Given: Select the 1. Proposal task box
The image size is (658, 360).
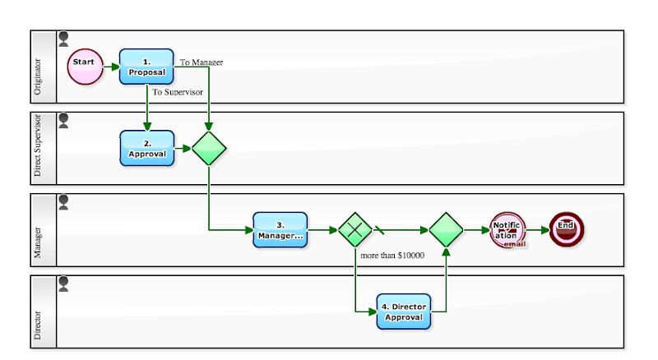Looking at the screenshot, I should click(146, 66).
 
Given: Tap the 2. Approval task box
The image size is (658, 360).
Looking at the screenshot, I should click(146, 148).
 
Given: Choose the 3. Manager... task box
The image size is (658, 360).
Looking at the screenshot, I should click(280, 230).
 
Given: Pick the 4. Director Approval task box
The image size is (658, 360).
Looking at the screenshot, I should click(403, 312).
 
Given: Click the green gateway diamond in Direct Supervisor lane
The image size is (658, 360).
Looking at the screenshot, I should click(209, 148).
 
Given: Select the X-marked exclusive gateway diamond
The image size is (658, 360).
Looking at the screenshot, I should click(355, 230).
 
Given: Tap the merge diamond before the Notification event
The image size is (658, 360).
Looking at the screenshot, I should click(446, 230).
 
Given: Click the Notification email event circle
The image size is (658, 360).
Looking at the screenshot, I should click(507, 230).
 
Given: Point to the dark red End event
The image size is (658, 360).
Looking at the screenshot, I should click(566, 230).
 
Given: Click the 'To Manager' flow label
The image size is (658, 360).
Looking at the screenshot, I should click(202, 62).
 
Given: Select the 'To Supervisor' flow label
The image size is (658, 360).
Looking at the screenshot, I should click(178, 92).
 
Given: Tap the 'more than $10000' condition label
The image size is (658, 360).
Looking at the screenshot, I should click(392, 256).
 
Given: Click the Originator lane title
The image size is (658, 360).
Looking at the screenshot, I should click(41, 67).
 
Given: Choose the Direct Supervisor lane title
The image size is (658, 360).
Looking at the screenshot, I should click(41, 148).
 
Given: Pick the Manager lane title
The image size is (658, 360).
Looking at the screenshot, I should click(41, 230).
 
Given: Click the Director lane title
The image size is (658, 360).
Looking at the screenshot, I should click(41, 312).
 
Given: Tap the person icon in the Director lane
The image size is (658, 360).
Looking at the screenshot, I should click(64, 284).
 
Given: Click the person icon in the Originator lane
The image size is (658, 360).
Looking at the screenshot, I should click(64, 39).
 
